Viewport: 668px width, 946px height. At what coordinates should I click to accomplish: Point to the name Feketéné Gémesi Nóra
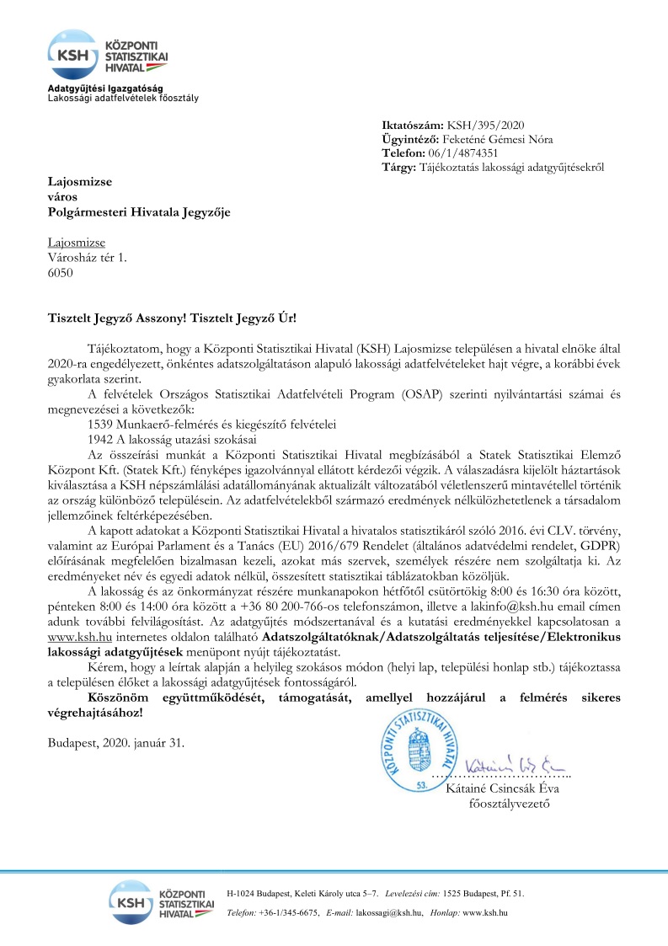point(500,140)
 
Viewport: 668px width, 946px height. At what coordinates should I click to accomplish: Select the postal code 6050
point(61,272)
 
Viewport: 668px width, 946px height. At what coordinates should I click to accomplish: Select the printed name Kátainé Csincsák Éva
point(502,765)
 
